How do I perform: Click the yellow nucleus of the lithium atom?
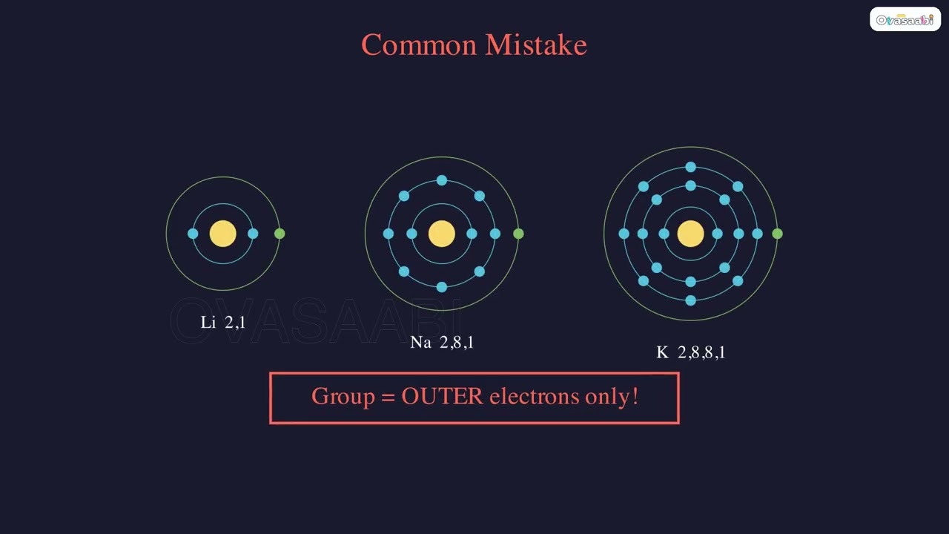[222, 234]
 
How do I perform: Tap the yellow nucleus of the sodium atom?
[442, 234]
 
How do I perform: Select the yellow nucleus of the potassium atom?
[690, 234]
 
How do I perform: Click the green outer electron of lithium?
[280, 234]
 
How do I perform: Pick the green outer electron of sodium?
[518, 234]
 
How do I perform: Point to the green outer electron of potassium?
[777, 234]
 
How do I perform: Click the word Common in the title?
[419, 45]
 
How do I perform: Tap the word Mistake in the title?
[536, 45]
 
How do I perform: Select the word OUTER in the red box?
[442, 396]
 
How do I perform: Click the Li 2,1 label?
[222, 323]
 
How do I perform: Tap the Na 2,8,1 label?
[442, 343]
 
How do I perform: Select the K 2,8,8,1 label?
[690, 353]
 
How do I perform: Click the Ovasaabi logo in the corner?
[905, 20]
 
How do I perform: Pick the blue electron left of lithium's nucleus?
[193, 234]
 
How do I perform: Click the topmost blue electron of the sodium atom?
[442, 180]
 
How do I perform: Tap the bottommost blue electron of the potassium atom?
[690, 300]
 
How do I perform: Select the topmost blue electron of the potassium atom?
[690, 167]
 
